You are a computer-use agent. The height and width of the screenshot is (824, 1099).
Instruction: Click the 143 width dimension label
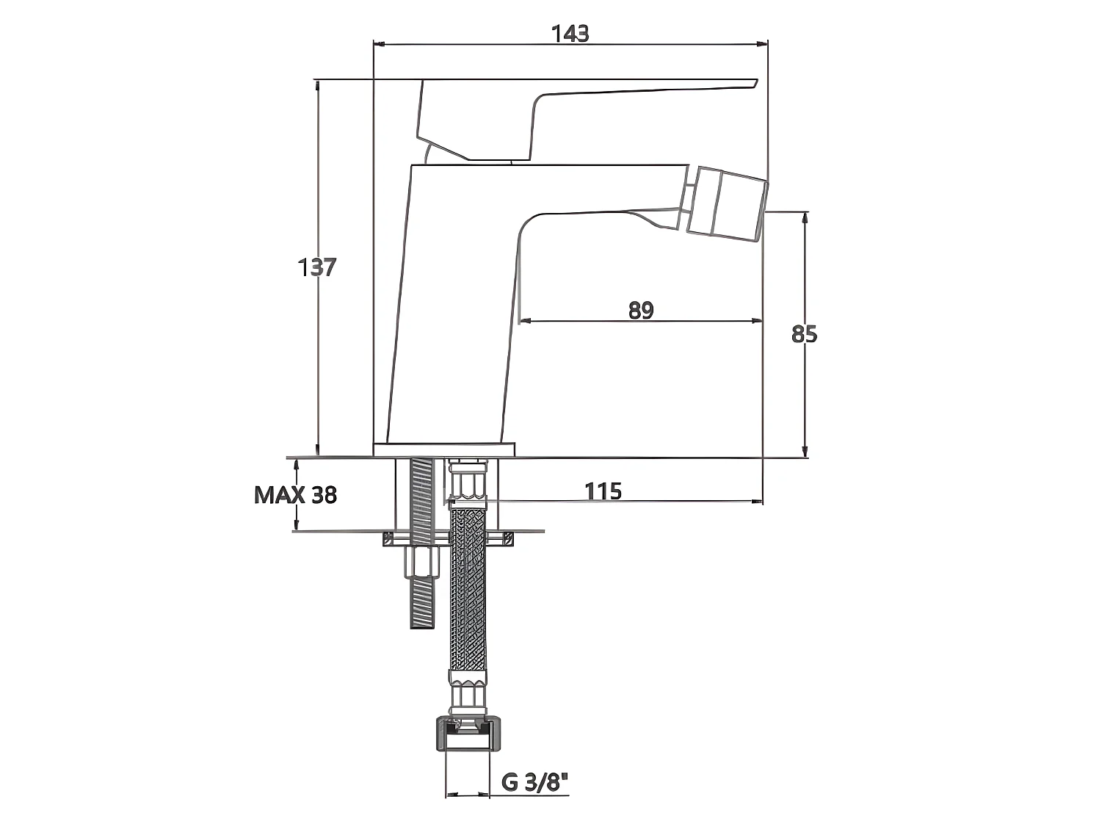tap(570, 34)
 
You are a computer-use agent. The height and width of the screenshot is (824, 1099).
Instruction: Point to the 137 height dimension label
tap(317, 267)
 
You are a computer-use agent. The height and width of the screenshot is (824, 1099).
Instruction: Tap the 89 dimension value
tap(641, 311)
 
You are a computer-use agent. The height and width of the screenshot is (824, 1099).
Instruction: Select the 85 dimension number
tap(804, 334)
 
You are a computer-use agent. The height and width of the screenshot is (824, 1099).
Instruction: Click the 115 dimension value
tap(603, 491)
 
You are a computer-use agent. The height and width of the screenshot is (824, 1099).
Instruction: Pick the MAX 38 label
tap(295, 495)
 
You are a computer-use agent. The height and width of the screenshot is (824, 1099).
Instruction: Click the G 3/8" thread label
tap(535, 782)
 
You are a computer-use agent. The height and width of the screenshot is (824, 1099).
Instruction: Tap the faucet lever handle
tap(576, 120)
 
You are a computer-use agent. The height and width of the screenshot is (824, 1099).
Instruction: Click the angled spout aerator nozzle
tap(727, 204)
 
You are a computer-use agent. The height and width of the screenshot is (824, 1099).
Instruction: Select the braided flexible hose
tap(468, 591)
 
